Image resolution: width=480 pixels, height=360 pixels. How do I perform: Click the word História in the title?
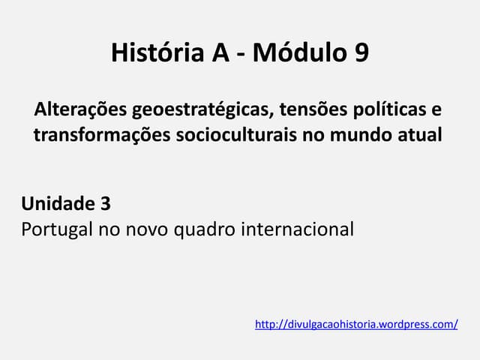coord(154,53)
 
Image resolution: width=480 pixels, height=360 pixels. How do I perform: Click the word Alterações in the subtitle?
coord(80,110)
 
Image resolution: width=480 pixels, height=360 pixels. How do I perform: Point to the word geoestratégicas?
coord(202,111)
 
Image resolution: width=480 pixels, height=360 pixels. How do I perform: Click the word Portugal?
coord(55,228)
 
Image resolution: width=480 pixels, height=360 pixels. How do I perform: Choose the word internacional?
coord(297,228)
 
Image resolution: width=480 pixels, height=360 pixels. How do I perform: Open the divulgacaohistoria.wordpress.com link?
coord(356,325)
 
